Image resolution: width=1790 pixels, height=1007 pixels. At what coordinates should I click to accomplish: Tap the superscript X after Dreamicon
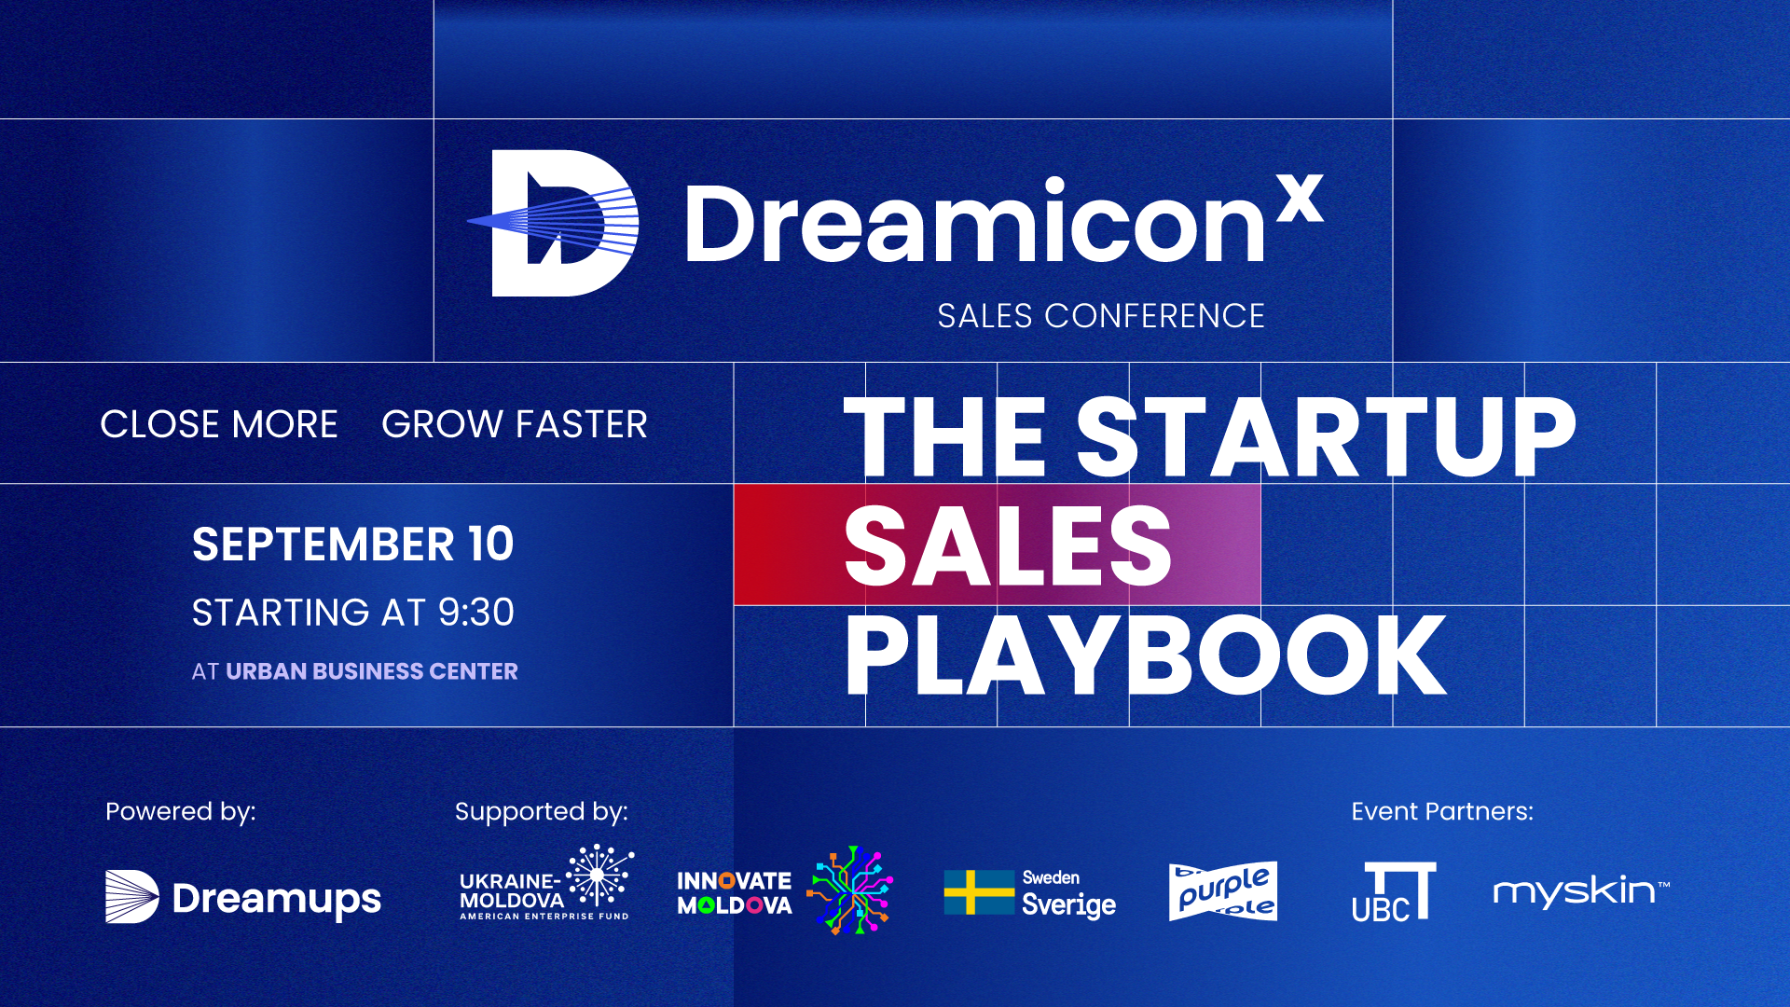(1301, 198)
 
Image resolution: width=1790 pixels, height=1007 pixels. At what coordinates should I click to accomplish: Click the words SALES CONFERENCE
(1101, 316)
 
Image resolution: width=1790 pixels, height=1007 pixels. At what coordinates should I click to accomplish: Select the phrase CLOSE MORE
(219, 424)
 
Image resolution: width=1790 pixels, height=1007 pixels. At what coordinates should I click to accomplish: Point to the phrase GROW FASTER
(515, 424)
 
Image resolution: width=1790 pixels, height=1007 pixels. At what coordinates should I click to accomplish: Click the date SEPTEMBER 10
(352, 545)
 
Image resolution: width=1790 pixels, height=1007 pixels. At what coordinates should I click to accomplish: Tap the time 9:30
(476, 613)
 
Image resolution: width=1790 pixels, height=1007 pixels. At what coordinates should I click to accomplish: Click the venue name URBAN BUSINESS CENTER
(372, 671)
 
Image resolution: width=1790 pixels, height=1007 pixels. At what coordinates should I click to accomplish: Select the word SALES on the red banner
(1008, 545)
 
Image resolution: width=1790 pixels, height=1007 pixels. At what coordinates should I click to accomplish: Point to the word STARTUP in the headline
(1326, 435)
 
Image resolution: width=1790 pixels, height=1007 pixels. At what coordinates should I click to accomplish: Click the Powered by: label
(181, 812)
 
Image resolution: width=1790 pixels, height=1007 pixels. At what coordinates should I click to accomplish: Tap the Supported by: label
(542, 812)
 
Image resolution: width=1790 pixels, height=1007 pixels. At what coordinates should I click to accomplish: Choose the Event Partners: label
(1442, 811)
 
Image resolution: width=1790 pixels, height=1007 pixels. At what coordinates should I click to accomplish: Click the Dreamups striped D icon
(131, 897)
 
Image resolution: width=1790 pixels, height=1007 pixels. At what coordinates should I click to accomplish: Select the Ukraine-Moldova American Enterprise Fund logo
(546, 883)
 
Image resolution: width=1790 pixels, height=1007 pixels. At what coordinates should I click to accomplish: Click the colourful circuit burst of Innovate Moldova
(850, 890)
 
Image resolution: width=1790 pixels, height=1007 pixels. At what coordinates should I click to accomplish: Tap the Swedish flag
(979, 892)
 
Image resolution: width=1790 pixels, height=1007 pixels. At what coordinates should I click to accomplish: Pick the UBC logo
(1394, 892)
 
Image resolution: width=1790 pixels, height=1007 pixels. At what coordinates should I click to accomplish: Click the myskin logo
(1581, 891)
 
